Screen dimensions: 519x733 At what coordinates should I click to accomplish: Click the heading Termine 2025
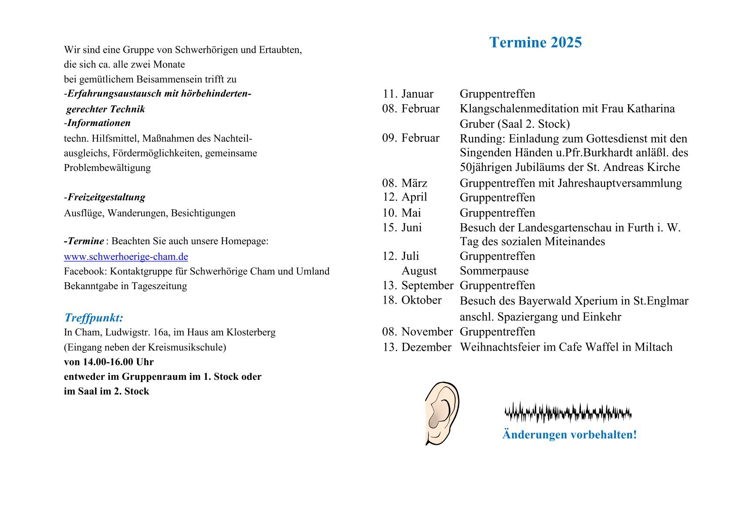click(535, 42)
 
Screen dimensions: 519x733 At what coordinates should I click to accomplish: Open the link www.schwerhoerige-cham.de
click(126, 256)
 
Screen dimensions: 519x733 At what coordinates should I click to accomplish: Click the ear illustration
click(442, 413)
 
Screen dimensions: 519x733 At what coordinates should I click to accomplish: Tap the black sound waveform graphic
click(568, 413)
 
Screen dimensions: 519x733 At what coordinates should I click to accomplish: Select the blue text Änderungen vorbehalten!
click(569, 435)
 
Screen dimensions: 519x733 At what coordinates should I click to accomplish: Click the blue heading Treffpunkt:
click(94, 318)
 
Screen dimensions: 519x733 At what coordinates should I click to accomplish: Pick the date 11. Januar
click(408, 94)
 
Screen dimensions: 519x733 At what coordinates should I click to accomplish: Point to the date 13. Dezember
click(417, 347)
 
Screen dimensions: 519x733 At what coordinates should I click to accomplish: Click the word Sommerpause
click(494, 271)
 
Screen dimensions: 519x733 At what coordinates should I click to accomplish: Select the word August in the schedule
click(419, 271)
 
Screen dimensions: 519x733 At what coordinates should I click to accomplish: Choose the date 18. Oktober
click(412, 300)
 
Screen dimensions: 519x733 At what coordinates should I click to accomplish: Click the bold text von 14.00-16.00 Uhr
click(108, 362)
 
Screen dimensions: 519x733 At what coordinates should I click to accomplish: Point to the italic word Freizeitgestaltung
click(106, 197)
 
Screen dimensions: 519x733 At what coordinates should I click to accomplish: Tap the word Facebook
click(85, 271)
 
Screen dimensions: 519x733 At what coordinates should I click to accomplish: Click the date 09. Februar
click(411, 138)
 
